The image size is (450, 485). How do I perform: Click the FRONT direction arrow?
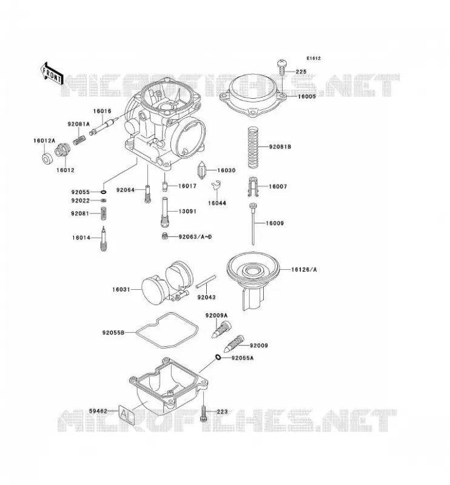[52, 74]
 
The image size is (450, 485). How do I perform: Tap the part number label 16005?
[307, 96]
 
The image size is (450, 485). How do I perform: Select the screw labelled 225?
[282, 67]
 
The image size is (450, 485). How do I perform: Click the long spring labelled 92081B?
[253, 147]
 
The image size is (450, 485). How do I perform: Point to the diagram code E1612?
[314, 58]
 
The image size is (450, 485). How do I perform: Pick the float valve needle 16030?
[202, 170]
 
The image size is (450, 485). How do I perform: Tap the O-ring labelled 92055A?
[218, 358]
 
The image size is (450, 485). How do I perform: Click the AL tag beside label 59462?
[127, 414]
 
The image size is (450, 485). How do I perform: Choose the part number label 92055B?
[113, 333]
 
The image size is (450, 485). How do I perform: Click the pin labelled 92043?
[206, 281]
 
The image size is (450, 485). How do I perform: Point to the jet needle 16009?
[253, 224]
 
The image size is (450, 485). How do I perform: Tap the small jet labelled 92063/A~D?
[165, 236]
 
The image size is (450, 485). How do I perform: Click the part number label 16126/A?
[304, 270]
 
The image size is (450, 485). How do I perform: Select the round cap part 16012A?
[47, 158]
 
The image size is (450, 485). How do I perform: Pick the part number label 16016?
[102, 111]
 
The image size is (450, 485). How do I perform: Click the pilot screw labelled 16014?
[103, 239]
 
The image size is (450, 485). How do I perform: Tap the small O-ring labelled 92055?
[103, 192]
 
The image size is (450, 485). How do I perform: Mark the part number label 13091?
[187, 211]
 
